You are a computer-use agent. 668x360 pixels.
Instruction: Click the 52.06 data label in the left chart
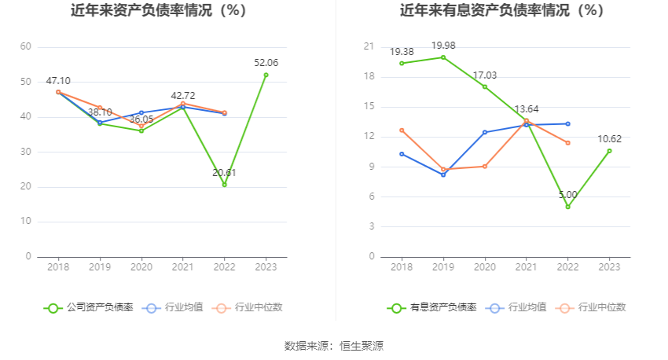266,63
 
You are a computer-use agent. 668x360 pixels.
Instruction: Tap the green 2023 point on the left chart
266,75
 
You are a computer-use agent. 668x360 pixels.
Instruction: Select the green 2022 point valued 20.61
225,185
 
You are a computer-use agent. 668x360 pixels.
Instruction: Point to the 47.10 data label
58,81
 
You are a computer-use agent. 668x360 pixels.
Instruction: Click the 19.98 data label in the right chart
443,45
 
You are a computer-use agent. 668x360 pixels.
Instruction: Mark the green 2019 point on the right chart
443,57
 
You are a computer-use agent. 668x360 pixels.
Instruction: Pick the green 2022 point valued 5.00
567,207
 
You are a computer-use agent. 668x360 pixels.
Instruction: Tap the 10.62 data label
609,139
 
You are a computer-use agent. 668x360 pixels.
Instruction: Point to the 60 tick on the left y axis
26,47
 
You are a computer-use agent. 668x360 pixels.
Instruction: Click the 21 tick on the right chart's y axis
369,47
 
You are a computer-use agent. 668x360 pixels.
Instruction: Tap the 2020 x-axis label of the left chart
141,267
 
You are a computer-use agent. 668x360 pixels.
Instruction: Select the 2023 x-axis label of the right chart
609,267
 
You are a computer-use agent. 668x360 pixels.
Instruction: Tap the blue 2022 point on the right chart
567,123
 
